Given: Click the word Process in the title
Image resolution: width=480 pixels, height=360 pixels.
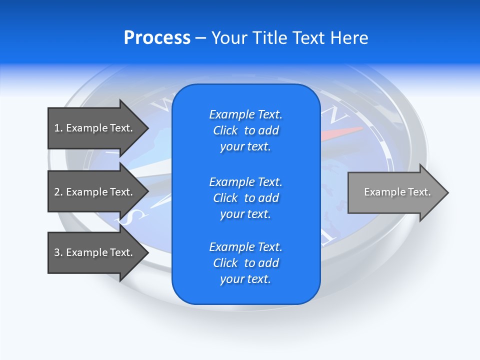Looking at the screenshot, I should click(157, 38).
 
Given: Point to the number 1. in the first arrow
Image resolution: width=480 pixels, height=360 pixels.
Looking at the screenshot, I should click(58, 128).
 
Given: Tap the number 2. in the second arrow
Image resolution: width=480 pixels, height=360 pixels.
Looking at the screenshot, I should click(58, 192).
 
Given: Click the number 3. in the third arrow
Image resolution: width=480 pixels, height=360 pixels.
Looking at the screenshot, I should click(58, 252).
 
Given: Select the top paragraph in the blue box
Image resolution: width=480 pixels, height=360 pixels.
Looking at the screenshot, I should click(245, 130).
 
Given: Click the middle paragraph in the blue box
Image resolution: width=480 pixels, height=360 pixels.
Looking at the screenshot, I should click(245, 198).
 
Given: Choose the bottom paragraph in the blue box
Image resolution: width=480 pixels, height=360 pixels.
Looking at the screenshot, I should click(245, 263).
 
